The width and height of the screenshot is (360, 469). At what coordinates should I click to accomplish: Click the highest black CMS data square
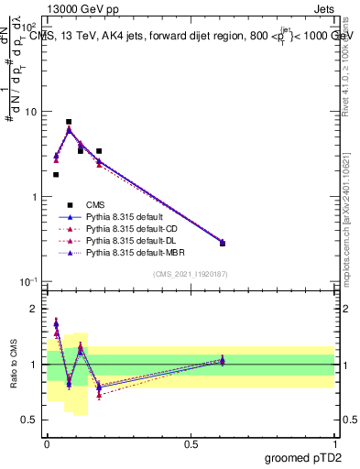[x=69, y=122]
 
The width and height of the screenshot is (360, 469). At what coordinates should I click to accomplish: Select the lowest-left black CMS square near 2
[x=56, y=174]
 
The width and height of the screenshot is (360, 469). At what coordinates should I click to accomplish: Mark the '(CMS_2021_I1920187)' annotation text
[x=190, y=274]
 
